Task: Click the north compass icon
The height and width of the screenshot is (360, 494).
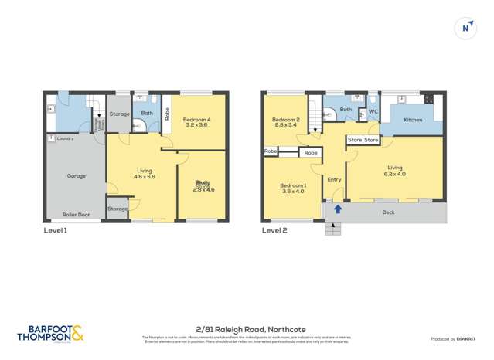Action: tap(465, 28)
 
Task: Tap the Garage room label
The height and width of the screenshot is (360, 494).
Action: tap(76, 175)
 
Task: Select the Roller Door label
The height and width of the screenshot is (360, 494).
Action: tap(76, 215)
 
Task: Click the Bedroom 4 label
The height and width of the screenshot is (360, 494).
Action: tap(196, 119)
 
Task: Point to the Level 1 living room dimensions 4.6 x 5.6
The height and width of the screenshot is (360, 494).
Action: tap(145, 176)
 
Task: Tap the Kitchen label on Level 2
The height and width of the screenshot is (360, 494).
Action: tap(413, 120)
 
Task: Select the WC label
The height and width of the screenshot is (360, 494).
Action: tap(373, 111)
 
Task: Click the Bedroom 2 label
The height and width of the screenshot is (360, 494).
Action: tap(285, 120)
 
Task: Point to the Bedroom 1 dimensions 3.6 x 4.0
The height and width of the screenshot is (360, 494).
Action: tap(293, 191)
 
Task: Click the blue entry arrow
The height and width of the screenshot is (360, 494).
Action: tap(337, 209)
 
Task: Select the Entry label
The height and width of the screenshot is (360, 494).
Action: tap(334, 179)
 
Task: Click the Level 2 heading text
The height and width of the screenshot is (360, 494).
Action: tap(274, 229)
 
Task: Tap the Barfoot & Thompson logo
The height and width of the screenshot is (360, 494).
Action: tap(49, 333)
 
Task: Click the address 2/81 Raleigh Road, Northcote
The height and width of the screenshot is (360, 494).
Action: tap(247, 328)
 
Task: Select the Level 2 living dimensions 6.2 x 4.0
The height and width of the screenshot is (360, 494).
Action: tap(395, 174)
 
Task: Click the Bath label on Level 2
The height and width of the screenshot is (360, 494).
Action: tap(346, 110)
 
